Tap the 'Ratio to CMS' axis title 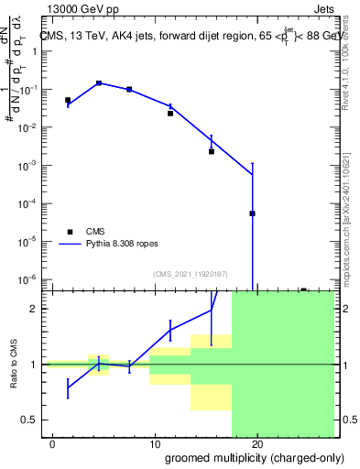15,365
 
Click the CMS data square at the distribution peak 99,83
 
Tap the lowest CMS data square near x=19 252,213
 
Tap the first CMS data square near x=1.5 68,100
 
